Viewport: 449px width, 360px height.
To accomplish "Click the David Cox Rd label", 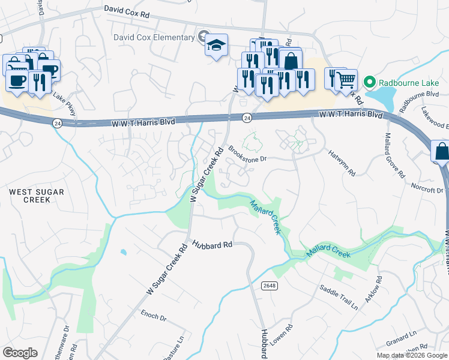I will pyautogui.click(x=127, y=10).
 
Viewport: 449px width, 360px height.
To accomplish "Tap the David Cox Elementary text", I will pyautogui.click(x=154, y=37).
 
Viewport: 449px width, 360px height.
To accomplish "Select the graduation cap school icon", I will pyautogui.click(x=216, y=46).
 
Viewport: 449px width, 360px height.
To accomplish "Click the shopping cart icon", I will pyautogui.click(x=346, y=79).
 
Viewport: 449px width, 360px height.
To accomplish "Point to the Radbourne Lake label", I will pyautogui.click(x=406, y=82).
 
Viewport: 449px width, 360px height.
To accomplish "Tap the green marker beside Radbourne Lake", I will pyautogui.click(x=370, y=82).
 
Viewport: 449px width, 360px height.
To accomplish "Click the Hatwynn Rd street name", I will pyautogui.click(x=342, y=163).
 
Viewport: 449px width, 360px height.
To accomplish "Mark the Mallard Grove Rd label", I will pyautogui.click(x=394, y=155).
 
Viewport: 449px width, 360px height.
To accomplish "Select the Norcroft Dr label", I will pyautogui.click(x=427, y=187).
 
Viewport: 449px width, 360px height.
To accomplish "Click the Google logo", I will pyautogui.click(x=20, y=353).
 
